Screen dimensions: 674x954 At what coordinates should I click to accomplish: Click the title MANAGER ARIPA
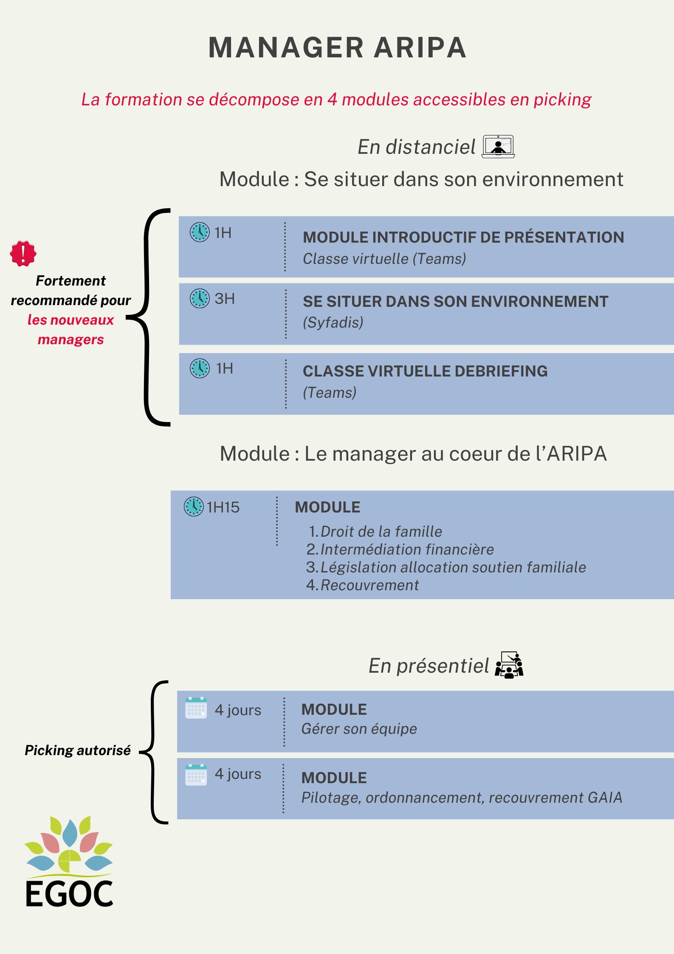tap(338, 47)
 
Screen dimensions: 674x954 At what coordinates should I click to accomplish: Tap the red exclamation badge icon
tap(23, 254)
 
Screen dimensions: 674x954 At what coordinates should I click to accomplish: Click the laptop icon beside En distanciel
tap(498, 147)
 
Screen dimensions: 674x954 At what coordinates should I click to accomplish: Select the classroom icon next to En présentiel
tap(509, 665)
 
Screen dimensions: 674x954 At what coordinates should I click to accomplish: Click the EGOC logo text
tap(69, 894)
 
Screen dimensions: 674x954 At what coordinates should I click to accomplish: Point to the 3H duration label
tap(225, 299)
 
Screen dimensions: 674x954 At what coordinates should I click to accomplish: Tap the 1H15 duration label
tap(223, 507)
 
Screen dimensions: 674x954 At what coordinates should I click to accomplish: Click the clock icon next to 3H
tap(200, 298)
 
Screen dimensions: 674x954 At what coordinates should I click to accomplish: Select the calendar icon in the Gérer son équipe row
tap(196, 708)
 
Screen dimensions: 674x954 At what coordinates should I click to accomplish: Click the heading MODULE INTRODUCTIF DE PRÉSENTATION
tap(463, 237)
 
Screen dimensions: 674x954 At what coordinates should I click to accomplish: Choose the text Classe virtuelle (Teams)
tap(384, 259)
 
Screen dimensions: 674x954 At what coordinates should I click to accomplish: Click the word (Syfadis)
tap(333, 323)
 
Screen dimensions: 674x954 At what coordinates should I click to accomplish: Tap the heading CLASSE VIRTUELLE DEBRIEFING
tap(425, 371)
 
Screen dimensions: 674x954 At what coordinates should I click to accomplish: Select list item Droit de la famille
tap(381, 532)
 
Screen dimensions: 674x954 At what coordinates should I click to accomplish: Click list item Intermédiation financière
tap(407, 549)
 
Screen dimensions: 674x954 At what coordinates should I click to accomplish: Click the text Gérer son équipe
tap(359, 729)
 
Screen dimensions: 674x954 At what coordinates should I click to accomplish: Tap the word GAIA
tap(605, 798)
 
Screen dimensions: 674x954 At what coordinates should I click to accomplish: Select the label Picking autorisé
tap(78, 750)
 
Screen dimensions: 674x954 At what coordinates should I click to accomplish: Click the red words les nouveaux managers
tap(71, 330)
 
